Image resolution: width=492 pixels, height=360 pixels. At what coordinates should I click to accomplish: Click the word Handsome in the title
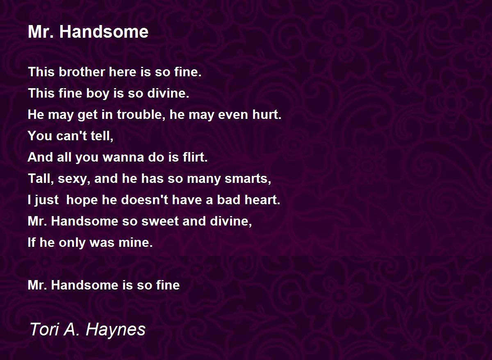pyautogui.click(x=104, y=32)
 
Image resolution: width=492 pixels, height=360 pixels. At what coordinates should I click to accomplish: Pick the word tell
pyautogui.click(x=102, y=136)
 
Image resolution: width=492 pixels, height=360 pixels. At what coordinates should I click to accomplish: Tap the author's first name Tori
pyautogui.click(x=44, y=329)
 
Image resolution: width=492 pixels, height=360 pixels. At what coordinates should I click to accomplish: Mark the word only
pyautogui.click(x=73, y=243)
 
